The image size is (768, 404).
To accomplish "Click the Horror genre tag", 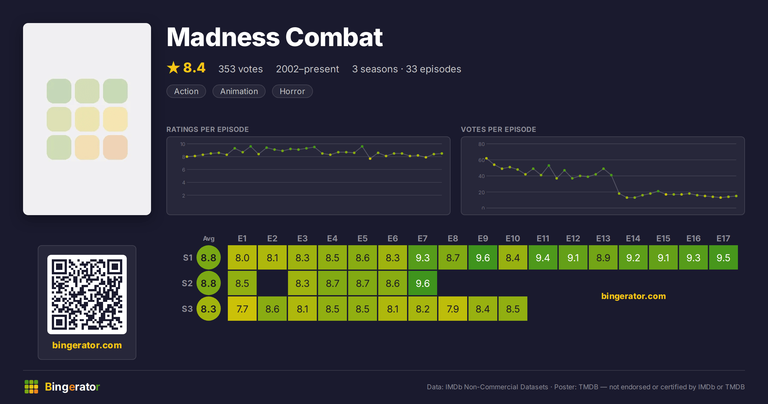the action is pyautogui.click(x=292, y=91).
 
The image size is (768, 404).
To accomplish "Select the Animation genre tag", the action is pyautogui.click(x=239, y=91).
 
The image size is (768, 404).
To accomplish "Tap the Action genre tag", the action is pyautogui.click(x=186, y=91).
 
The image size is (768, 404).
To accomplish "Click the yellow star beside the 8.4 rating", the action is pyautogui.click(x=173, y=68).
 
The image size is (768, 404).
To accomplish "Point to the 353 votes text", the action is pyautogui.click(x=241, y=69).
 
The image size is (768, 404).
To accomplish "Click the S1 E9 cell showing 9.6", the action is pyautogui.click(x=483, y=257).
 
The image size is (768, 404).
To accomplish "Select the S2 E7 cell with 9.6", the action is pyautogui.click(x=423, y=283).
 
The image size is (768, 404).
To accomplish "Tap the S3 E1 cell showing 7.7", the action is pyautogui.click(x=242, y=309).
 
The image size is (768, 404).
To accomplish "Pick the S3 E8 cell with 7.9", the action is pyautogui.click(x=453, y=309).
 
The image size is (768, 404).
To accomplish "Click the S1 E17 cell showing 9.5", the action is pyautogui.click(x=724, y=257).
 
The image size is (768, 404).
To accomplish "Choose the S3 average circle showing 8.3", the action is pyautogui.click(x=209, y=309).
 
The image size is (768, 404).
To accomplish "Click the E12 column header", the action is pyautogui.click(x=573, y=238).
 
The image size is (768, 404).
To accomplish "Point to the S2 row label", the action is pyautogui.click(x=187, y=283).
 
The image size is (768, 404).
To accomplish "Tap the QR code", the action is pyautogui.click(x=87, y=295).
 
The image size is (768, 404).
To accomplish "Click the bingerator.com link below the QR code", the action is pyautogui.click(x=87, y=345).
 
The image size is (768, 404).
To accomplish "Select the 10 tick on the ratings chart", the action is pyautogui.click(x=182, y=144).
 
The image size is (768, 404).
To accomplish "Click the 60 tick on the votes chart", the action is pyautogui.click(x=482, y=160).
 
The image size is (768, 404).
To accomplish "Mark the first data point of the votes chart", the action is pyautogui.click(x=486, y=158).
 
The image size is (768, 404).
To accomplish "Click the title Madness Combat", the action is pyautogui.click(x=275, y=37).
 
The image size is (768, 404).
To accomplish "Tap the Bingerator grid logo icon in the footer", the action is pyautogui.click(x=31, y=387).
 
